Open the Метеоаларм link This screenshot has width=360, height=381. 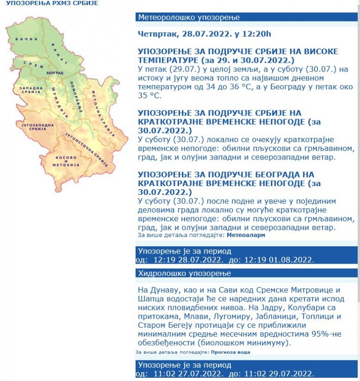click(x=249, y=235)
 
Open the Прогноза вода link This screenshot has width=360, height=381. click(x=230, y=352)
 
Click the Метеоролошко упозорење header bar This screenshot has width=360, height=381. click(x=189, y=18)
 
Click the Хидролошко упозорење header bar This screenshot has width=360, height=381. click(x=184, y=273)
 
